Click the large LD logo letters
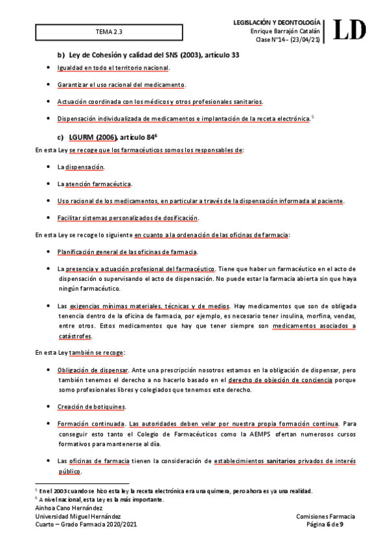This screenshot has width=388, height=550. pyautogui.click(x=350, y=30)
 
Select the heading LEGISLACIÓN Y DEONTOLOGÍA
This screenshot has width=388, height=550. pyautogui.click(x=284, y=23)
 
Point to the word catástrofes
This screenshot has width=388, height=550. pyautogui.click(x=74, y=336)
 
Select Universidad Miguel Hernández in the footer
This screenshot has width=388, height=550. pyautogui.click(x=78, y=516)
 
